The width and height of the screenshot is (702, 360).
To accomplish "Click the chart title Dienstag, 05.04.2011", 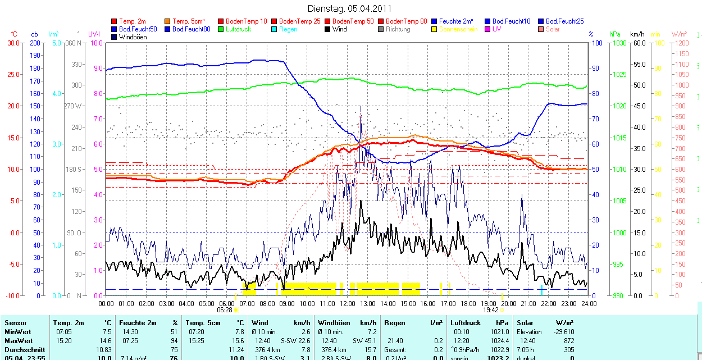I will [350, 8].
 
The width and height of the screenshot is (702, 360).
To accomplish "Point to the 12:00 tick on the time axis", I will [348, 303].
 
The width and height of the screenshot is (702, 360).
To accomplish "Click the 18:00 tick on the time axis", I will [468, 303].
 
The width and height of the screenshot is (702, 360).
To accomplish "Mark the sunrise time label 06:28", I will [224, 309].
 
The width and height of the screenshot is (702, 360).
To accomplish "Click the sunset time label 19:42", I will [491, 309].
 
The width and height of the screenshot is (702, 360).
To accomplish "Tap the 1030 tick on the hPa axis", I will [619, 43].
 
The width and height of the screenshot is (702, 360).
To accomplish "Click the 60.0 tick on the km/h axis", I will [638, 43].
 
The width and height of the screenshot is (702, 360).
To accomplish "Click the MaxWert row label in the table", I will [19, 341].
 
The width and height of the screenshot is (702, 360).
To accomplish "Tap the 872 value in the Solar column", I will [568, 341].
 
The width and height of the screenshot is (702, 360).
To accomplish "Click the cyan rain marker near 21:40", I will [541, 289].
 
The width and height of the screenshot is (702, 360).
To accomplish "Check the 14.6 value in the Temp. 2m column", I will [106, 341].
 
